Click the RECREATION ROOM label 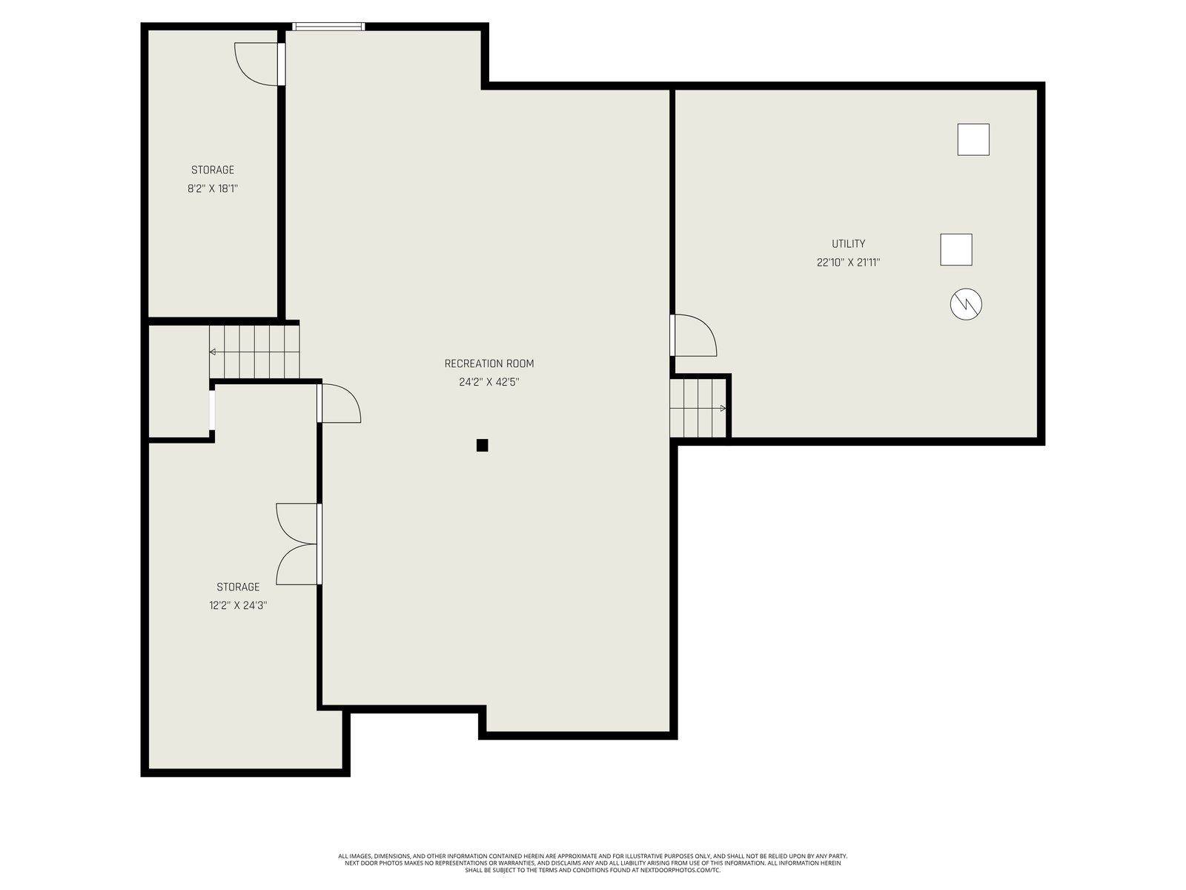tap(489, 363)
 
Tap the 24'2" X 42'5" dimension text tap(489, 382)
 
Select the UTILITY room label tap(848, 244)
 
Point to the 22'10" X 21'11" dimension tap(848, 263)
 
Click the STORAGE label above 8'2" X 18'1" tap(212, 170)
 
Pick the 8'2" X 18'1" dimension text tap(212, 188)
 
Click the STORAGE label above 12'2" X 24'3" tap(238, 587)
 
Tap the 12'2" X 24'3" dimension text tap(238, 605)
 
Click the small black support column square tap(482, 445)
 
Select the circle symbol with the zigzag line tap(966, 304)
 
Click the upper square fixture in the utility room tap(973, 139)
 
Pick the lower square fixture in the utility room tap(955, 250)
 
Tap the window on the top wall tap(328, 27)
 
